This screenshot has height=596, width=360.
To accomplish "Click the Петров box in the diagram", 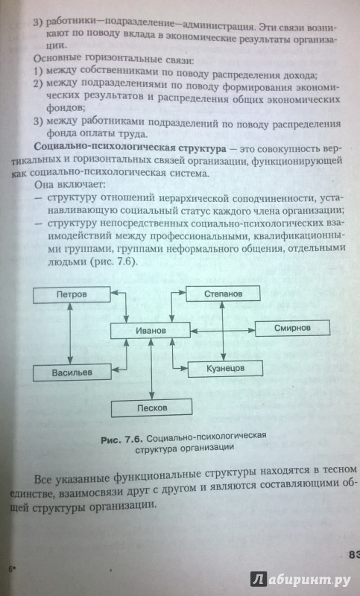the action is (x=72, y=294).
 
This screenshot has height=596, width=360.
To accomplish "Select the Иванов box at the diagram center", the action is (x=150, y=330).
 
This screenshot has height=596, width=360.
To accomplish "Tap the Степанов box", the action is (x=223, y=294).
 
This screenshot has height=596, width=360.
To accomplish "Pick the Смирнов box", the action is (x=292, y=328).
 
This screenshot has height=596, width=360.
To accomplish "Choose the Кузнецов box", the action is (x=225, y=368).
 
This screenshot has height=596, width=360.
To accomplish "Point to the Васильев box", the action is (x=72, y=372).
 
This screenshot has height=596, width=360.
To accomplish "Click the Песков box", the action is (x=151, y=408).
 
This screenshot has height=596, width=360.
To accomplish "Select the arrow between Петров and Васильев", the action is (x=70, y=334).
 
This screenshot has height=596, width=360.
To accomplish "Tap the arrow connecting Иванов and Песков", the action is (x=151, y=369).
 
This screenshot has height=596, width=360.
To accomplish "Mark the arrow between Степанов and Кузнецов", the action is (x=224, y=331).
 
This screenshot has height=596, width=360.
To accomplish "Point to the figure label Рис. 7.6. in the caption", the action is (x=121, y=440).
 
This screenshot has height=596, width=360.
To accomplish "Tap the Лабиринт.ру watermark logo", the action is (x=300, y=580).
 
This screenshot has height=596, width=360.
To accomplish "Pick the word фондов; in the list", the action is (x=66, y=108).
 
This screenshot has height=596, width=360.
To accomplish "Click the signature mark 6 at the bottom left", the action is (x=11, y=569).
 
